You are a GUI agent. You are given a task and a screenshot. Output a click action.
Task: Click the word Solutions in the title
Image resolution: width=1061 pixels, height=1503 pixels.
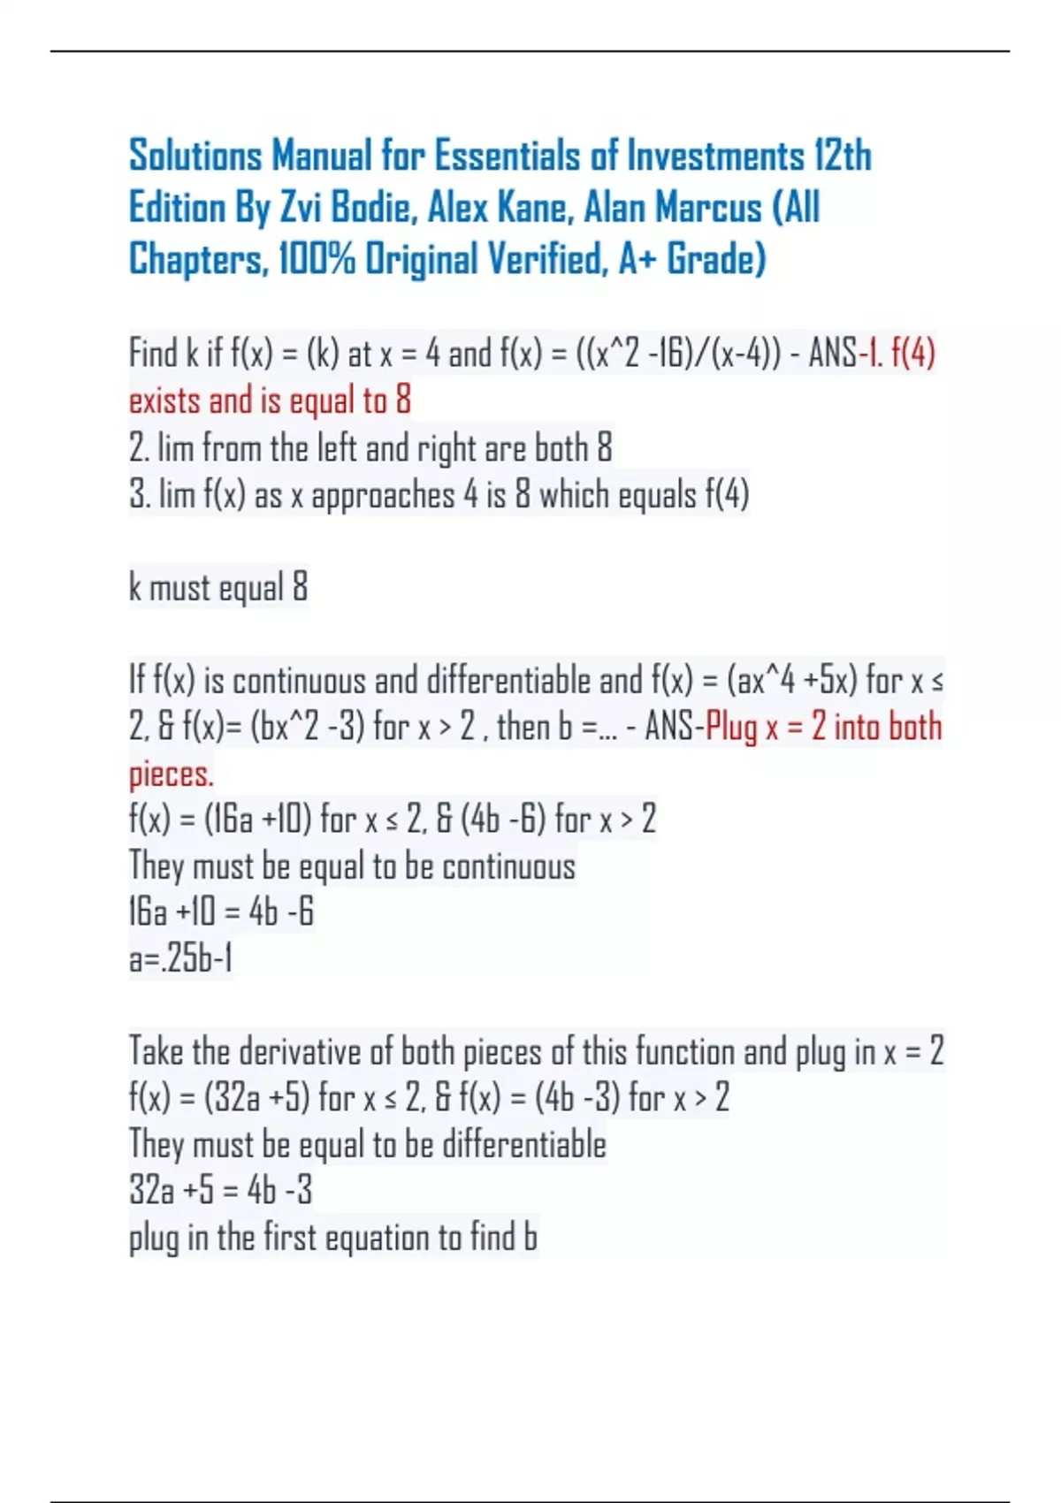click(195, 156)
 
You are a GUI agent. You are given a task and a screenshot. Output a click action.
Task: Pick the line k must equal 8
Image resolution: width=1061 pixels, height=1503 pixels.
click(218, 587)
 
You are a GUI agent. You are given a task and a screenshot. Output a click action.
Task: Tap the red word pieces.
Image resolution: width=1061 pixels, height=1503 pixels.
click(171, 774)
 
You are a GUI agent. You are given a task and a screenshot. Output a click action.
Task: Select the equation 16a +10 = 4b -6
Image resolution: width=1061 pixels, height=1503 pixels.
click(221, 912)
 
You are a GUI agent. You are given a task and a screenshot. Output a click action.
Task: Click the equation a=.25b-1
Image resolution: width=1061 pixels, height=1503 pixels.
click(180, 958)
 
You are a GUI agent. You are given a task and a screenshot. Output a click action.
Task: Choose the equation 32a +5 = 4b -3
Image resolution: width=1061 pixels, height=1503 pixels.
click(220, 1190)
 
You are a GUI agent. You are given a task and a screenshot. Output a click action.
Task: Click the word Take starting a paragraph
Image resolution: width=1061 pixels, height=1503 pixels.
click(156, 1051)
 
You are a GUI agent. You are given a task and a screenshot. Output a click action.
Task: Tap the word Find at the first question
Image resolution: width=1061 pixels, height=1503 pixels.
click(153, 354)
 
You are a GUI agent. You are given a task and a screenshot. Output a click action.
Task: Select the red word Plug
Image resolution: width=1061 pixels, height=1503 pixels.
click(731, 728)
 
